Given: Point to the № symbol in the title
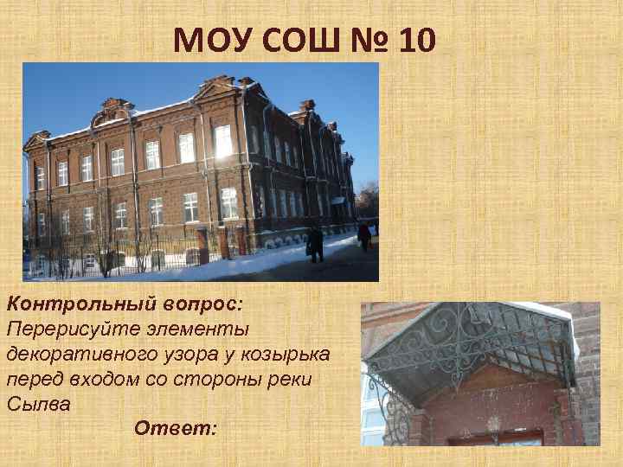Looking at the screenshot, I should click(371, 39).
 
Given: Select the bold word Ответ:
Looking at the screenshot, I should click(177, 428).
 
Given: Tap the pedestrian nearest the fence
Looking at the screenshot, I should click(315, 243).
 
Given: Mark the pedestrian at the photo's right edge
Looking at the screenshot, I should click(364, 233).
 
